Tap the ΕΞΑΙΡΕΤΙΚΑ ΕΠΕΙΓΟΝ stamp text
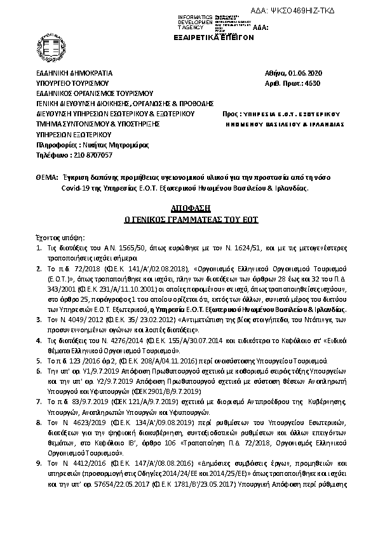(x=213, y=37)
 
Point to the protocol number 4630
(x=313, y=83)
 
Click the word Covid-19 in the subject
(x=74, y=188)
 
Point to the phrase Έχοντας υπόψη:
(x=57, y=235)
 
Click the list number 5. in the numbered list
(x=39, y=359)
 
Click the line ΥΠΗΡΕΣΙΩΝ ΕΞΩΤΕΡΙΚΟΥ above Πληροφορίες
(x=74, y=135)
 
